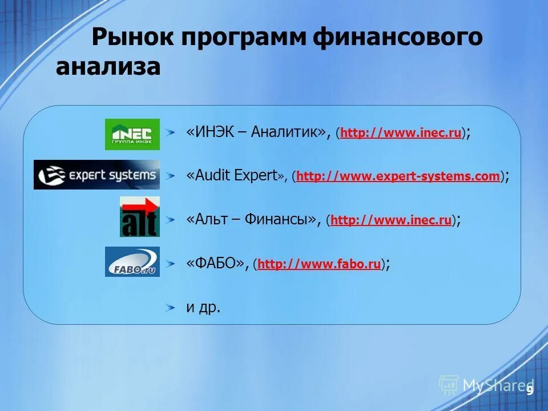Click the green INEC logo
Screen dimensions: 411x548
click(x=132, y=134)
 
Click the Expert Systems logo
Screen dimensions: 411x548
click(x=96, y=175)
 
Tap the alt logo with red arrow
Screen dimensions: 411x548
click(x=140, y=216)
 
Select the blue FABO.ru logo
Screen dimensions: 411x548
click(x=132, y=261)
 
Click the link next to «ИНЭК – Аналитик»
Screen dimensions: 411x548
click(x=401, y=134)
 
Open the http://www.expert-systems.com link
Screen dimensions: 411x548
click(x=398, y=176)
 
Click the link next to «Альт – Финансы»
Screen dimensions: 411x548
click(x=391, y=220)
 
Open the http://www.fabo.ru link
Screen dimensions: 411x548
click(x=319, y=264)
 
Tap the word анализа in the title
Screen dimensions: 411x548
click(x=108, y=67)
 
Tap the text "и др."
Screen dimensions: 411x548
click(x=203, y=307)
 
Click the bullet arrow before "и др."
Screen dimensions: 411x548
click(x=171, y=308)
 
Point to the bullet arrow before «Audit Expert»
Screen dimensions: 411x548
click(x=171, y=176)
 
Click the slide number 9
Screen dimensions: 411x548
click(x=530, y=390)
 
